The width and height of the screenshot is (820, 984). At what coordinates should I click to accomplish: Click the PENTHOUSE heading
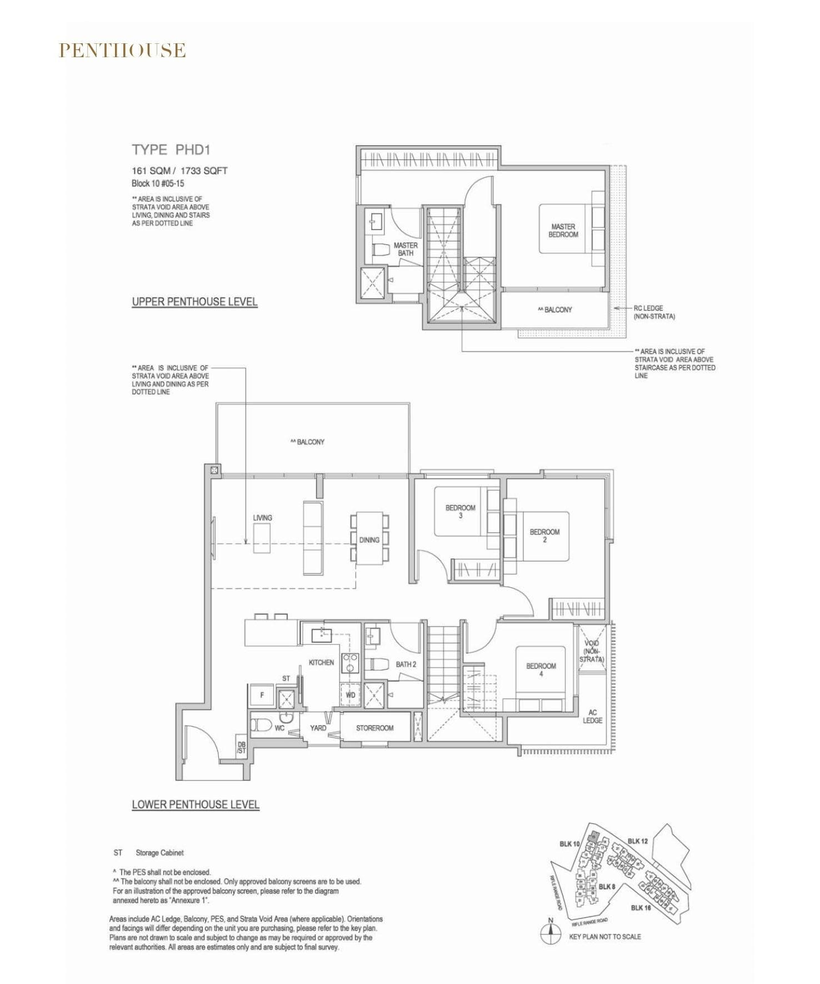click(x=122, y=51)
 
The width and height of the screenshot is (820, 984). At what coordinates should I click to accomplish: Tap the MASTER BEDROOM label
click(x=563, y=230)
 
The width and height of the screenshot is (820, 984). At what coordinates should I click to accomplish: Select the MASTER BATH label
click(x=406, y=249)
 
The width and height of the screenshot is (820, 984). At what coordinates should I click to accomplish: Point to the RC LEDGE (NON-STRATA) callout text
click(x=654, y=312)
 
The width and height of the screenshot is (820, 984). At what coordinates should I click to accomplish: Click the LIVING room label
click(x=262, y=518)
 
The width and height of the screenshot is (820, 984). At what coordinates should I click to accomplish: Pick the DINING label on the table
click(x=369, y=540)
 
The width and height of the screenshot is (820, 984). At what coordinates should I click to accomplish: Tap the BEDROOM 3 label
click(x=460, y=511)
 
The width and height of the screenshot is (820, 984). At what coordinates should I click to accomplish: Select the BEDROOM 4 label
click(x=541, y=670)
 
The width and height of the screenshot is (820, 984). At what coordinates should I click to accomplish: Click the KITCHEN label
click(x=321, y=662)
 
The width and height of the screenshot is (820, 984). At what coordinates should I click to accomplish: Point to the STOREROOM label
click(x=374, y=728)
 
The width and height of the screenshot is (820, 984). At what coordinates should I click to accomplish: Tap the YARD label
click(x=318, y=728)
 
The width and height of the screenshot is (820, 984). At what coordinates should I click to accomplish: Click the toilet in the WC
click(x=261, y=725)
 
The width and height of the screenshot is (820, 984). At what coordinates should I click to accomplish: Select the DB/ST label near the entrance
click(x=241, y=747)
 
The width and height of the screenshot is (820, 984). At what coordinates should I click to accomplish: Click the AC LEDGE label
click(x=592, y=716)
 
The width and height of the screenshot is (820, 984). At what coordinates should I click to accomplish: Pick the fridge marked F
click(x=262, y=695)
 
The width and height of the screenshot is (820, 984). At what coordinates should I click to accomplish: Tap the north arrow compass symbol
click(x=551, y=934)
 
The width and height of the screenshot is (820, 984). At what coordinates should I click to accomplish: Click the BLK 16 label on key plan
click(x=641, y=908)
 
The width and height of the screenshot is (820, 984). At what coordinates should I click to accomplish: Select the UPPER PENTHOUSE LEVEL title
click(x=194, y=302)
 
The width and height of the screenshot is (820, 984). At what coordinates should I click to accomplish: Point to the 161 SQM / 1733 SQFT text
click(x=179, y=171)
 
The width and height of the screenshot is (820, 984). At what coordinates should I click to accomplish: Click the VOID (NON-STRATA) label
click(x=592, y=651)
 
